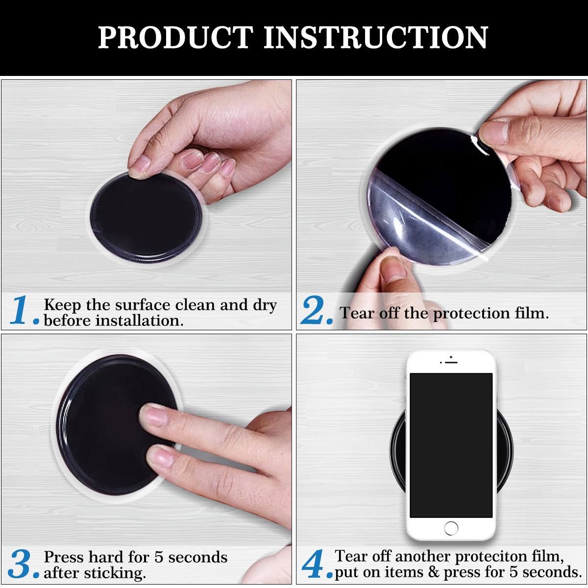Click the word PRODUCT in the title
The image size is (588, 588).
175,37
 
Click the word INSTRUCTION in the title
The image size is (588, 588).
376,37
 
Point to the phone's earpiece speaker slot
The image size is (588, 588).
451,363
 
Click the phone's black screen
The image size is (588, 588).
451,445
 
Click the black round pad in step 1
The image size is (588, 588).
146,217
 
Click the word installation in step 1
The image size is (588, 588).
139,320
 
